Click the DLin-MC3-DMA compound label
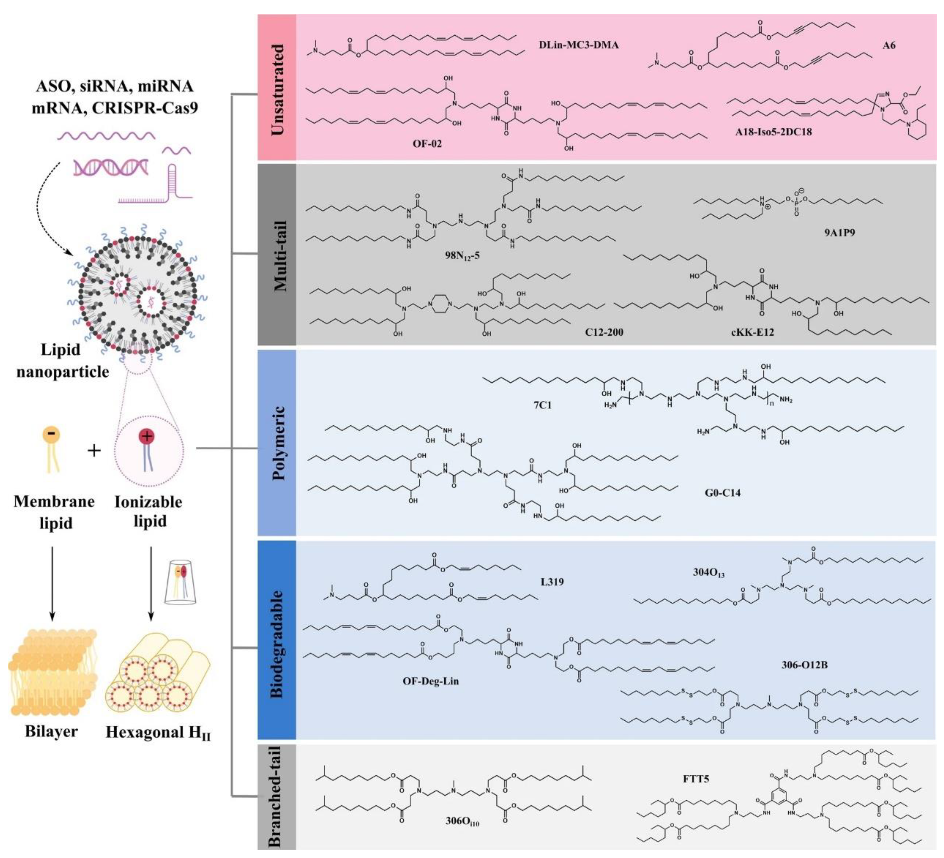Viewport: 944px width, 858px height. point(579,45)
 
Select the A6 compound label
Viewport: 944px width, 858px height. point(888,45)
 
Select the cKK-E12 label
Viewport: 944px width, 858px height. point(752,332)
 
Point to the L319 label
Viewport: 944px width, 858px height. point(552,582)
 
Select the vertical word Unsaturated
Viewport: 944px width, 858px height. point(278,89)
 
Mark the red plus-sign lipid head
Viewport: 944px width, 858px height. point(147,436)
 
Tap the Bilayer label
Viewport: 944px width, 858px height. point(52,731)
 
